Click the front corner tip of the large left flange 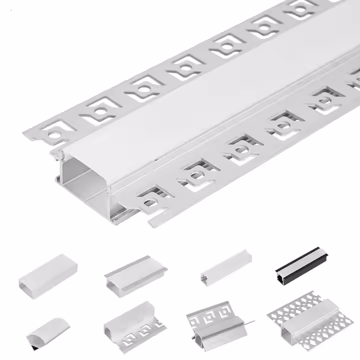click(23, 131)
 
